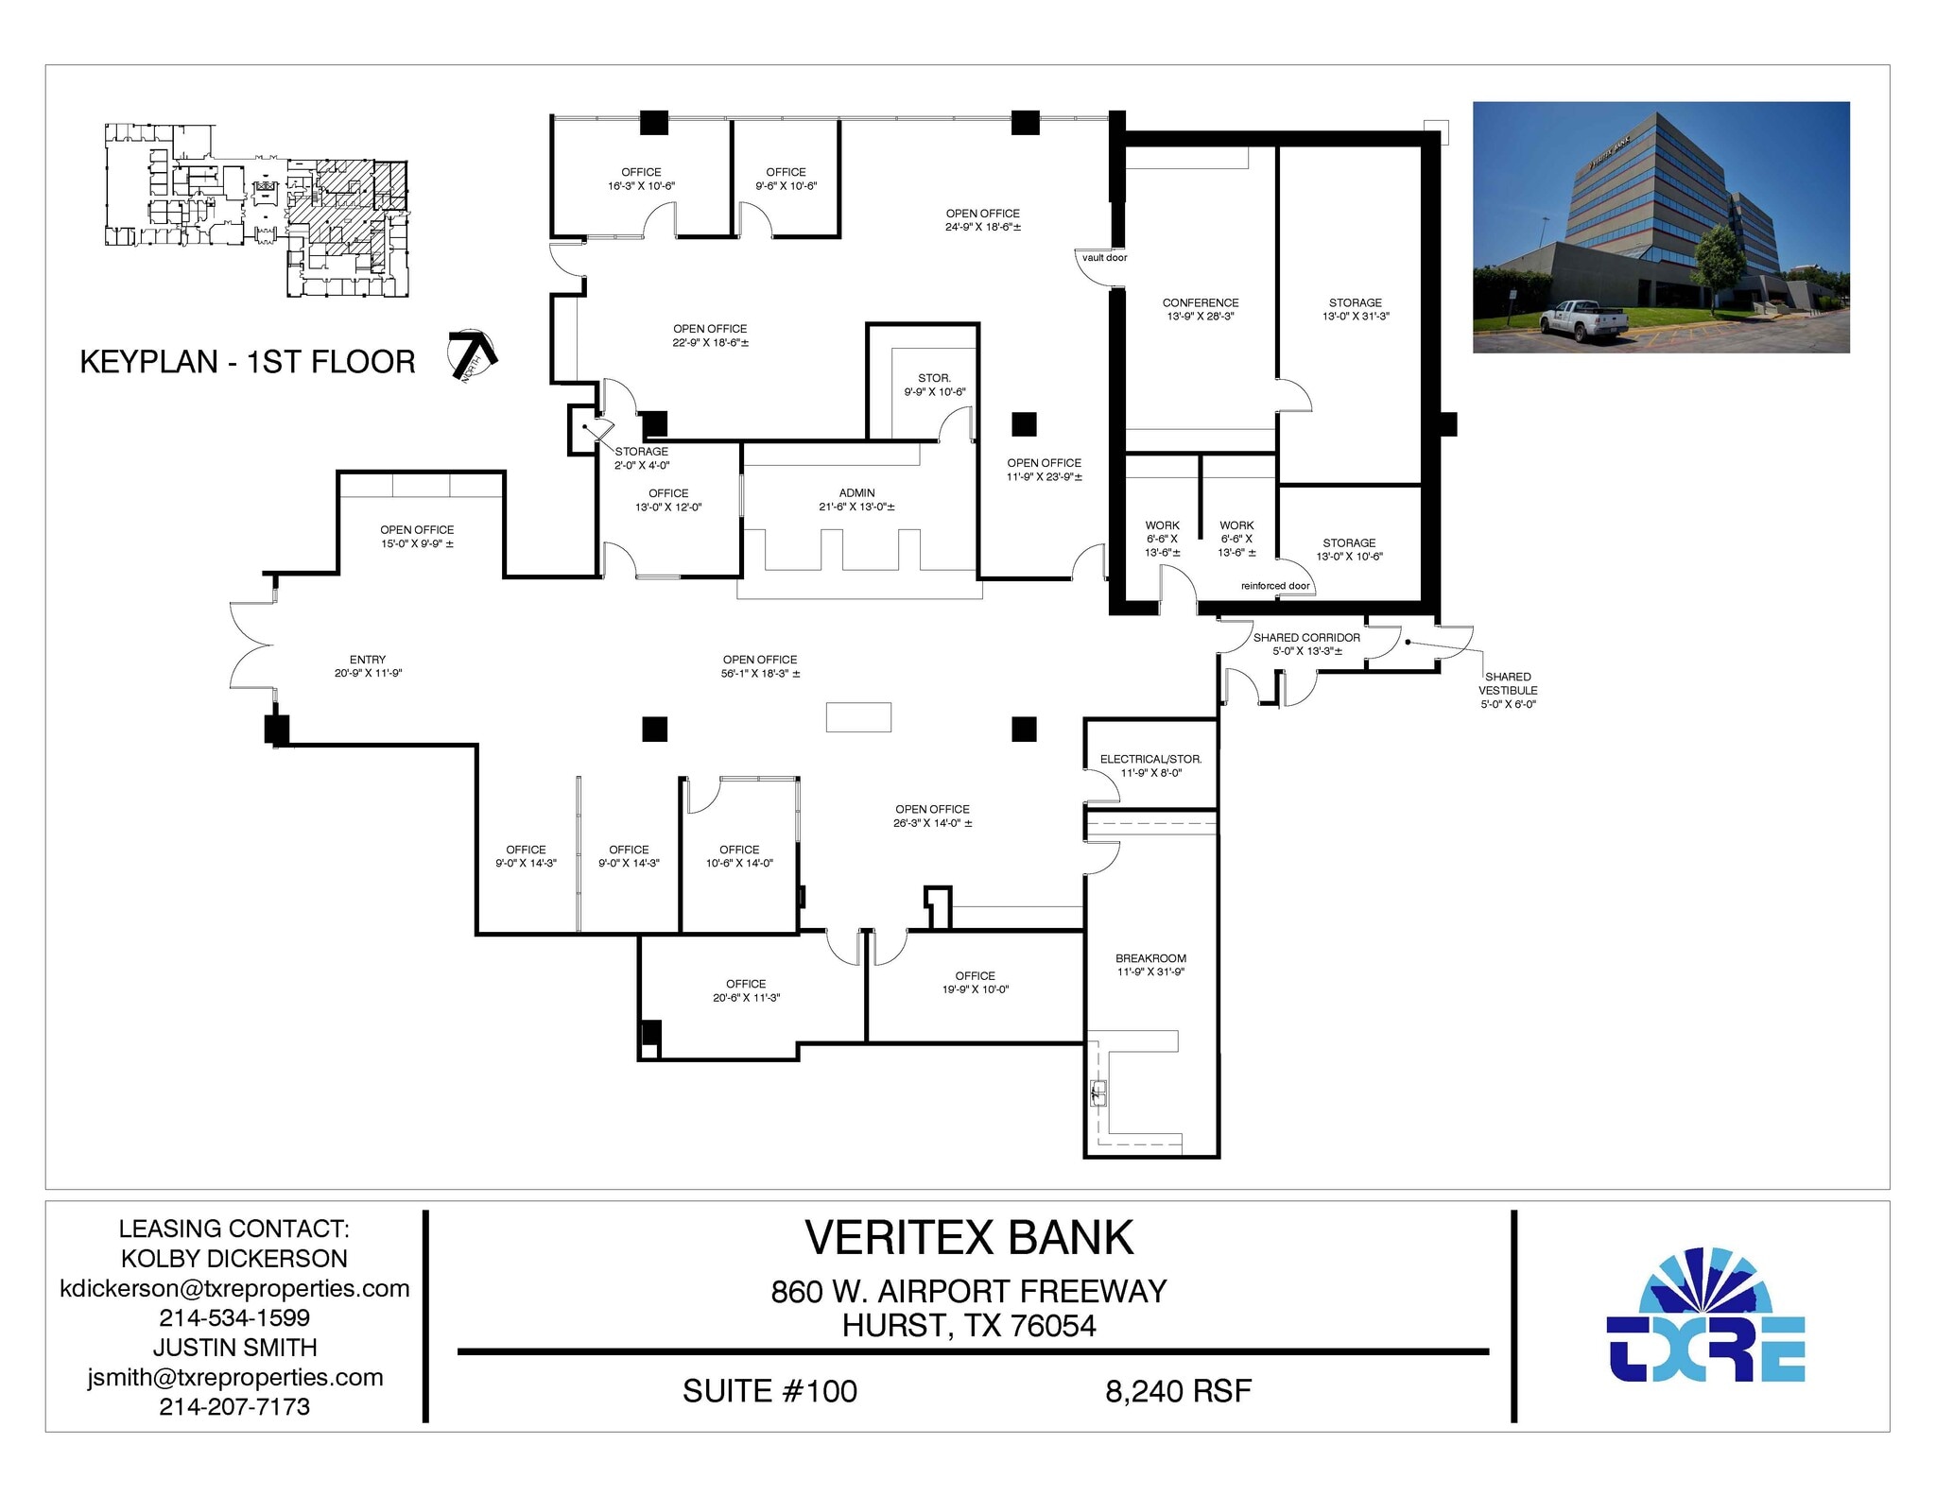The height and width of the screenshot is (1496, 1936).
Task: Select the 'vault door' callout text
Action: [x=1104, y=257]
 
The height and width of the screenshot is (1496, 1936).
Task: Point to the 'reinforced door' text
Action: [x=1275, y=586]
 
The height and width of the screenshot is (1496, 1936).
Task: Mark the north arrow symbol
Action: [x=474, y=355]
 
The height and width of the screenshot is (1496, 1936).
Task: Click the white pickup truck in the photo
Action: [x=1583, y=319]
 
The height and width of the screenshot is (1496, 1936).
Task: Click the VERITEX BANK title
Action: [x=969, y=1238]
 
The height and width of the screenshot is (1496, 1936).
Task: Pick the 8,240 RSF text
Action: [x=1178, y=1391]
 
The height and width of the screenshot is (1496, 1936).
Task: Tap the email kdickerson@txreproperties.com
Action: [x=234, y=1288]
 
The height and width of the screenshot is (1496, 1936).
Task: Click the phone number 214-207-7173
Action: [x=234, y=1406]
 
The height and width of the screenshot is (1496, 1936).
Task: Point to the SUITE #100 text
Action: [x=769, y=1391]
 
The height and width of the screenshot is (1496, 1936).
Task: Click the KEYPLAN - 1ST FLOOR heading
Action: [x=248, y=362]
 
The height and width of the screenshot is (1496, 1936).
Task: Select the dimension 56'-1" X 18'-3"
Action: [x=760, y=674]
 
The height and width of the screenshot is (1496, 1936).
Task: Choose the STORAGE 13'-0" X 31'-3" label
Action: [x=1356, y=309]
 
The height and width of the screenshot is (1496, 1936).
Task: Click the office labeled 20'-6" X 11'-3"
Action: [x=746, y=990]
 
